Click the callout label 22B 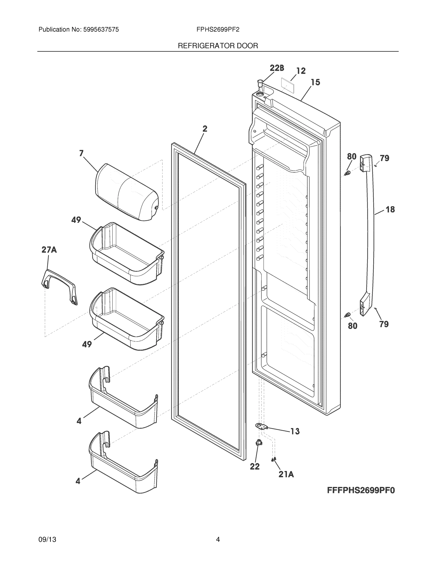277,68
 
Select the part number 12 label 301,71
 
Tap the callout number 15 315,82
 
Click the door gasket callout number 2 204,129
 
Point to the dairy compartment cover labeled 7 126,192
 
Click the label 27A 49,250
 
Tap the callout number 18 390,209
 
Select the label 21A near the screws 286,474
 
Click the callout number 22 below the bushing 255,466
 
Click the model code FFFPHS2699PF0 361,490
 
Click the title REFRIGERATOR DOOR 218,46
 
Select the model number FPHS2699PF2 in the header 218,30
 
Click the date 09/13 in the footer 47,540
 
